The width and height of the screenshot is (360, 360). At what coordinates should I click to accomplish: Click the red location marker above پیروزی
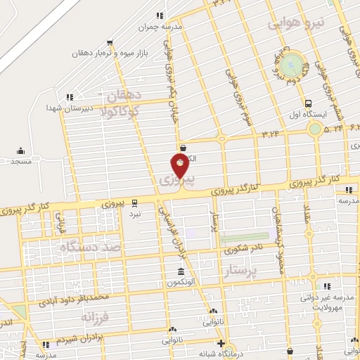point(181,166)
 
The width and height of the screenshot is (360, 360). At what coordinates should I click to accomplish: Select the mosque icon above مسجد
point(20,150)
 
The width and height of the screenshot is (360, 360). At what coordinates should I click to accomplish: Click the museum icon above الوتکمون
point(181,271)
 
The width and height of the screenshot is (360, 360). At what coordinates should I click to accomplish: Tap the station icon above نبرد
point(135,202)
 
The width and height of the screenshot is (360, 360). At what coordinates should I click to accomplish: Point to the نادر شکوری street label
point(244,248)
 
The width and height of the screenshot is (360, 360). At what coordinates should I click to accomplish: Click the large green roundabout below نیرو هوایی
point(294,65)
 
